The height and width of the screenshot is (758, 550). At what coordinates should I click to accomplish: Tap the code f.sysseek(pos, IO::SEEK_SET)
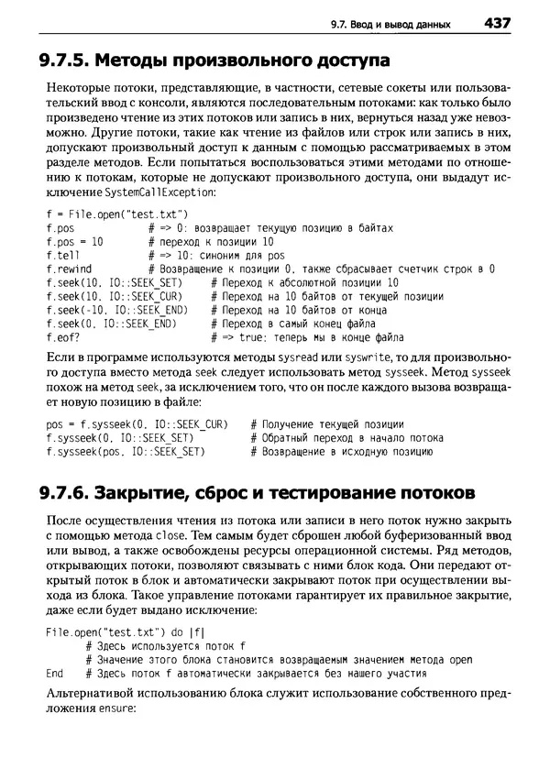pyautogui.click(x=125, y=452)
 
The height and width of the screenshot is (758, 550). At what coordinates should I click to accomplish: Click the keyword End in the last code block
pyautogui.click(x=54, y=674)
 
